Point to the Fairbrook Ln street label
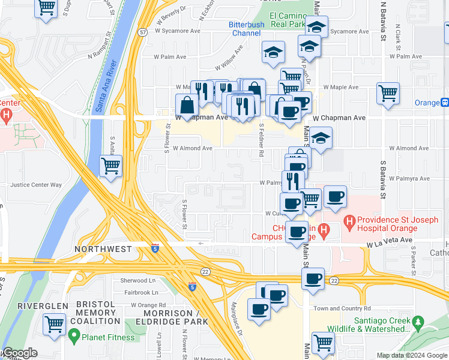pos(142,292)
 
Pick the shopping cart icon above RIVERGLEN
pos(54,325)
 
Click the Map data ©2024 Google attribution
pos(412,355)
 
